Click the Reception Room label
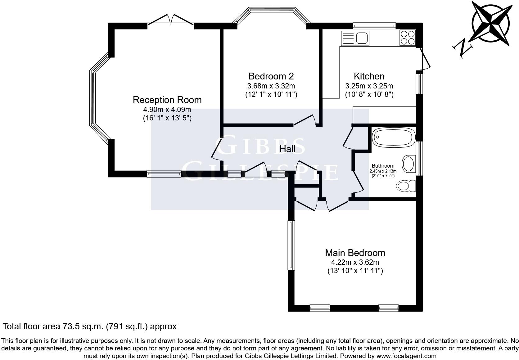[167, 100]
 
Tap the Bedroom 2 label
[271, 76]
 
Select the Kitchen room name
[369, 76]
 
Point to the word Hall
[287, 149]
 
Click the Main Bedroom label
[355, 253]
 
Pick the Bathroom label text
[383, 166]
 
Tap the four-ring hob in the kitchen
[408, 38]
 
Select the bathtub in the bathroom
[393, 137]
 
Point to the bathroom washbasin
[408, 163]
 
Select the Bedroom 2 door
[305, 120]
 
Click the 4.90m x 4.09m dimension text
[167, 110]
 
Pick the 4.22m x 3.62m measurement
[355, 262]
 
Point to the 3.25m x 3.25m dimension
[369, 86]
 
